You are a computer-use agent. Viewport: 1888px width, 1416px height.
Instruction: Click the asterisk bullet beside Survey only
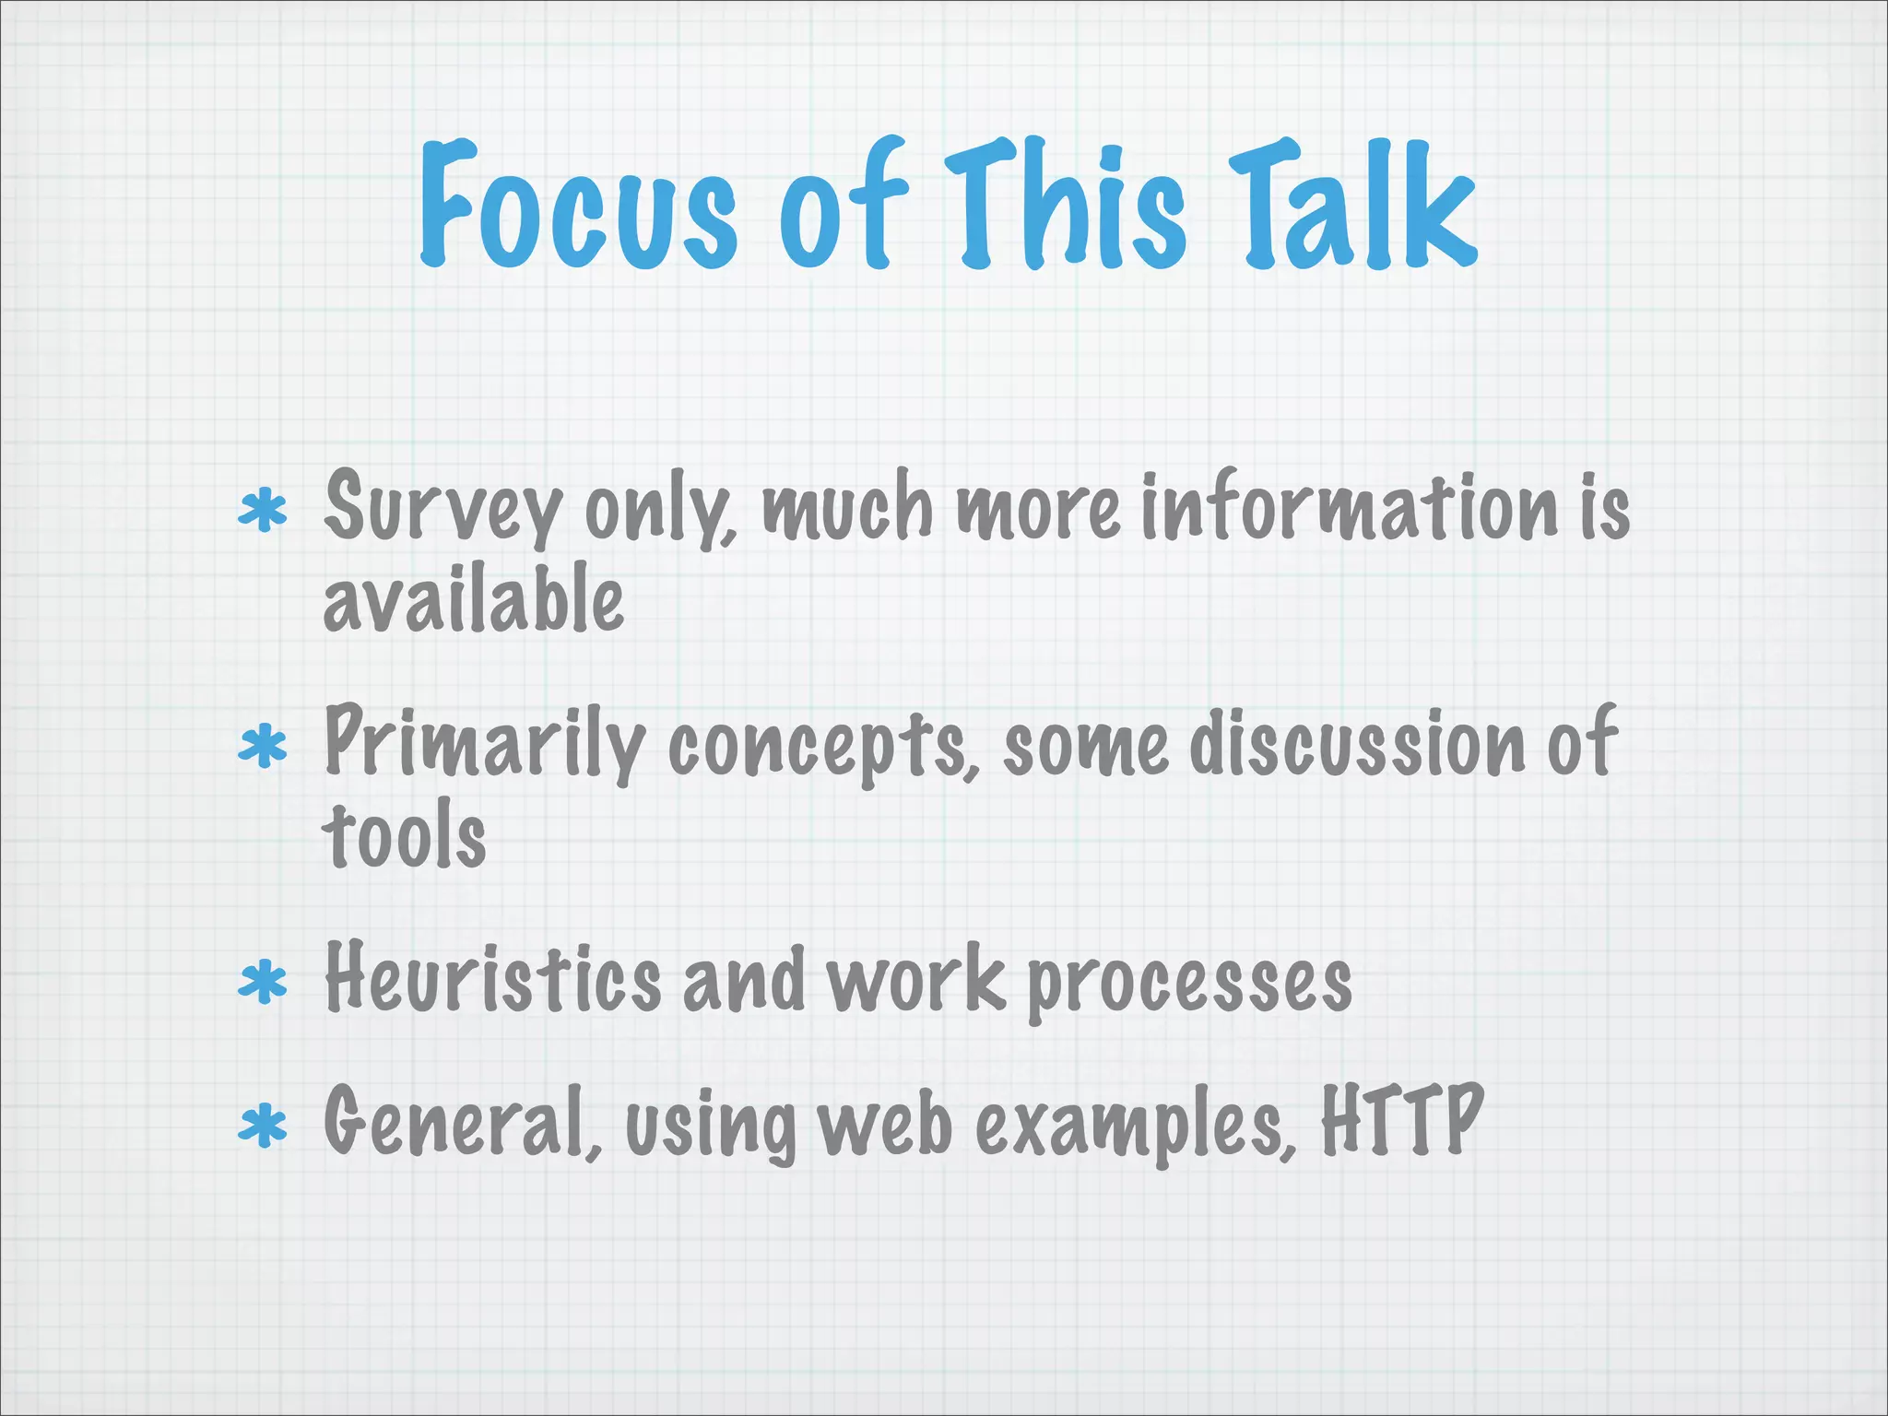click(263, 512)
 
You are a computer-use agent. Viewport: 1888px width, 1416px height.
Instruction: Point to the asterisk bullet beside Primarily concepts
click(263, 747)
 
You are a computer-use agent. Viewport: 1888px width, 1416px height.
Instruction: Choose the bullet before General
click(263, 1127)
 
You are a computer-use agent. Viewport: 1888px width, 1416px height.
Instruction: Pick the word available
click(473, 601)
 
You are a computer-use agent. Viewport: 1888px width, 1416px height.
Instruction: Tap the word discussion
click(1355, 745)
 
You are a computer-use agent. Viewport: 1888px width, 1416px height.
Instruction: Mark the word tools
click(404, 837)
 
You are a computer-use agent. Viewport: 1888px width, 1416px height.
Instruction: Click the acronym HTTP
click(1401, 1121)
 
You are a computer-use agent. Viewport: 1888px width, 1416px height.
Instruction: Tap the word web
click(885, 1125)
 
